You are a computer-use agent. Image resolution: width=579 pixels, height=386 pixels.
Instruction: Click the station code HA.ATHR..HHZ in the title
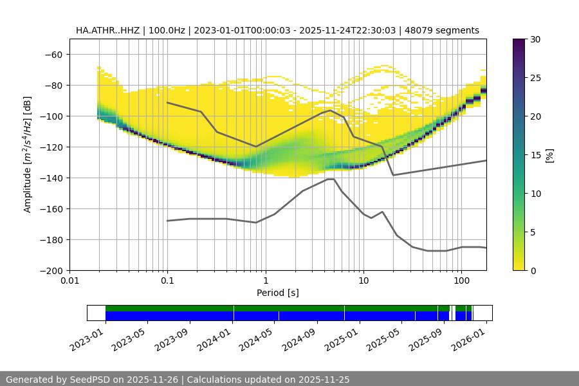[107, 30]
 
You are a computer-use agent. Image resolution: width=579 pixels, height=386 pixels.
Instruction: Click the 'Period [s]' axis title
[278, 293]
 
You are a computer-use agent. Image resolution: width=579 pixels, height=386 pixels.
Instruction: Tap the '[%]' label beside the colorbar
[550, 155]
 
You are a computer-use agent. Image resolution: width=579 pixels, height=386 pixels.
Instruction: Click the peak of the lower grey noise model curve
[331, 179]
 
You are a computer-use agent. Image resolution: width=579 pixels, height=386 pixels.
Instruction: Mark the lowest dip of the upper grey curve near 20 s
[393, 175]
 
